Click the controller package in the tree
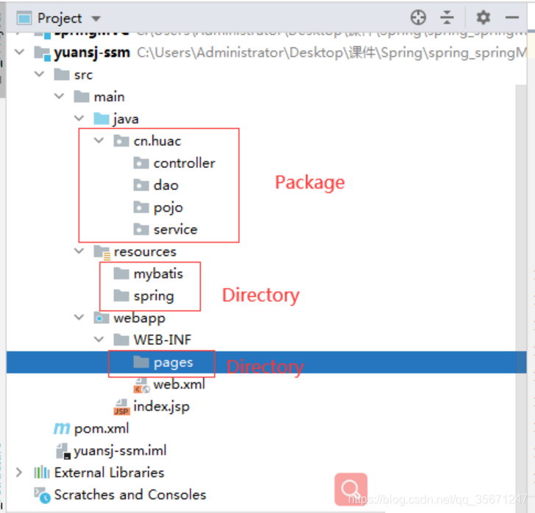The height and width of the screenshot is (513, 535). click(x=184, y=163)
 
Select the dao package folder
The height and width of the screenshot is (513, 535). click(x=166, y=185)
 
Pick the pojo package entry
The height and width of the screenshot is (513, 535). click(x=168, y=207)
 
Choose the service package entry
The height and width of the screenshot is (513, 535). click(x=175, y=229)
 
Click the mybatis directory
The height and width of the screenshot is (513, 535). click(x=157, y=273)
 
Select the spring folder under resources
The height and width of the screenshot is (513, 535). click(x=153, y=296)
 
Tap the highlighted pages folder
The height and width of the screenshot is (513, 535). click(x=173, y=362)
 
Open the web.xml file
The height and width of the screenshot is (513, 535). click(x=179, y=384)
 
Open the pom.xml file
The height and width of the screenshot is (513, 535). click(x=101, y=428)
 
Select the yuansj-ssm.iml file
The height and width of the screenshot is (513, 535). click(x=119, y=450)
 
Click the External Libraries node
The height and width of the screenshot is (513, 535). click(x=108, y=472)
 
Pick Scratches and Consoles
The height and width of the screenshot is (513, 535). click(x=130, y=495)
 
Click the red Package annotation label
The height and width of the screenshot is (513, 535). click(x=309, y=182)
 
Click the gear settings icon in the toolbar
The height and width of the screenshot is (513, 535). click(x=483, y=18)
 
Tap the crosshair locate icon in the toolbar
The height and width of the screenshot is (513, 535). click(x=418, y=18)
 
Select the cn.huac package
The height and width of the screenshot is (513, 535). click(x=157, y=141)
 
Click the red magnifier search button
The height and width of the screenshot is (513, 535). click(x=350, y=488)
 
